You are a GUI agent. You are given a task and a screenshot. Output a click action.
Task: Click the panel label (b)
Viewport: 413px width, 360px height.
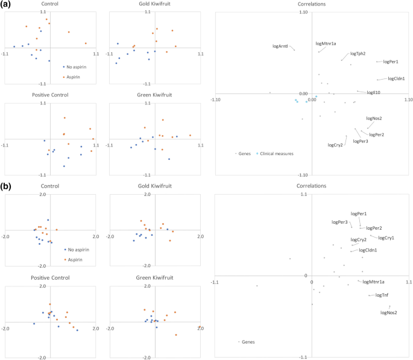(x=5, y=188)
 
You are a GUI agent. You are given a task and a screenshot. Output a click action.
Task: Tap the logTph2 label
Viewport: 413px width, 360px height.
(x=358, y=54)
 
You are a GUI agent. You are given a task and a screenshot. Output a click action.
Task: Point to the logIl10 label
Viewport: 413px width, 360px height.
(x=373, y=93)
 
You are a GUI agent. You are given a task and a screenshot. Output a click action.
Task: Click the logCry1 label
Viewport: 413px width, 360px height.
(x=386, y=238)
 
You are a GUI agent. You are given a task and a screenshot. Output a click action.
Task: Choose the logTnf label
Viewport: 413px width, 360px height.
(x=382, y=295)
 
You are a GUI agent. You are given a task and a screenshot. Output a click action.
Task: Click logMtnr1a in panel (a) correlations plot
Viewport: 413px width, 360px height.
(x=326, y=43)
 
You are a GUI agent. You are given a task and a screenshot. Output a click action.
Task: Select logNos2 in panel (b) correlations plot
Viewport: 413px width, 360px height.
(x=388, y=312)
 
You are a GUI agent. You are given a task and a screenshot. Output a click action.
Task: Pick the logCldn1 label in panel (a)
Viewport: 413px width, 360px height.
(x=396, y=78)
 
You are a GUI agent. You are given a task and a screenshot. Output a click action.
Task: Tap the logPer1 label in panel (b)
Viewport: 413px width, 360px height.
(x=358, y=213)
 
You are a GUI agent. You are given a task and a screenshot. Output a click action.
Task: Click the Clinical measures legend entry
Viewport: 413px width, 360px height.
(x=277, y=154)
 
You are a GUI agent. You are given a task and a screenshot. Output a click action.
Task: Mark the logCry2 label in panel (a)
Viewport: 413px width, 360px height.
(x=335, y=145)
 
